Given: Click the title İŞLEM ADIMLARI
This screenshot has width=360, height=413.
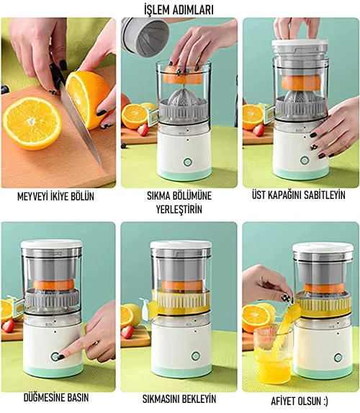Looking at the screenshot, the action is (179, 10).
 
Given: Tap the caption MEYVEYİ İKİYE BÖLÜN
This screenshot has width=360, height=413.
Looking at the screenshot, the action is (55, 197).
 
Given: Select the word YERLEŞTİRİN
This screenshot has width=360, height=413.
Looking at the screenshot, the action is (179, 210).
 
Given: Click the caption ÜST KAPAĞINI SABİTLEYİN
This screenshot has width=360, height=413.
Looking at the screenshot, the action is (298, 195).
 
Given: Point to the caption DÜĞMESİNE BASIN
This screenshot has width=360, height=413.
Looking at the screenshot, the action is (55, 397).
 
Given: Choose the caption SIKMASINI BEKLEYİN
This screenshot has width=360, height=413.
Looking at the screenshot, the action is (179, 399).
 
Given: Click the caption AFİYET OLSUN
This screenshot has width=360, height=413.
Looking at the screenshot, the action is (300, 401).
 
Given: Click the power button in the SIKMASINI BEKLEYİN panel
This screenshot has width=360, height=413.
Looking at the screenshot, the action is (196, 356).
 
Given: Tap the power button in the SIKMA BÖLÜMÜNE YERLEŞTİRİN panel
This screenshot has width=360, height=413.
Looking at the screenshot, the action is (187, 161).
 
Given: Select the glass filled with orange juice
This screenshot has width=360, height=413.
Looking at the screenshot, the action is (273, 354).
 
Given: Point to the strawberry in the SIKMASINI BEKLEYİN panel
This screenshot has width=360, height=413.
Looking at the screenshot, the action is (127, 332).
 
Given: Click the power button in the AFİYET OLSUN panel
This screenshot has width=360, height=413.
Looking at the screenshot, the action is (338, 358).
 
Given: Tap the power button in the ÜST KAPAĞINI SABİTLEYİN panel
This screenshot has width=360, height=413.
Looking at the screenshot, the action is (305, 160).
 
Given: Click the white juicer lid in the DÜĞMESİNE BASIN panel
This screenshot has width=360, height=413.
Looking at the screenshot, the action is (52, 244).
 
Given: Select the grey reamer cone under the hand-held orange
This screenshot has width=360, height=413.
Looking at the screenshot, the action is (184, 99).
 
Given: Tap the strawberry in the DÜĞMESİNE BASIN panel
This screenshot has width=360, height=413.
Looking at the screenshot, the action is (8, 326).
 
